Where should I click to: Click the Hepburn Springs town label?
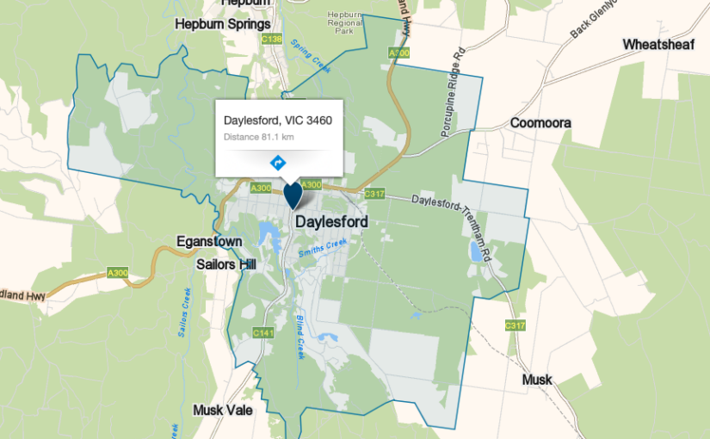point(223,24)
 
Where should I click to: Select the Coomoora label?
point(540,123)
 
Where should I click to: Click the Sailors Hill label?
point(226,264)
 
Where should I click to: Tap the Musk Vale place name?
point(223,410)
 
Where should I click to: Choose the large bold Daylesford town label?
point(331,222)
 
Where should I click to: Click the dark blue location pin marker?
point(293,195)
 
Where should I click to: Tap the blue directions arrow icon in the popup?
point(278,162)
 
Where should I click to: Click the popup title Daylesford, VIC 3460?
point(278,120)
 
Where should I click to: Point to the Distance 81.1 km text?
point(259,137)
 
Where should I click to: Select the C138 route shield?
point(271,40)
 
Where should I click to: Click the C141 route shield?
point(263,332)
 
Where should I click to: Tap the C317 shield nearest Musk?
point(515,325)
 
